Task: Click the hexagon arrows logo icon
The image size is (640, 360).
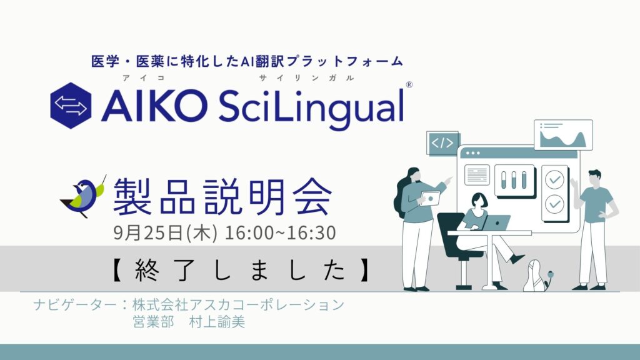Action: click(x=71, y=106)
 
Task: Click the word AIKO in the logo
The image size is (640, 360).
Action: click(x=154, y=106)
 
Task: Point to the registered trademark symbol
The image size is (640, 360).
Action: click(x=409, y=84)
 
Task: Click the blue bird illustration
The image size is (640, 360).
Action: click(x=84, y=196)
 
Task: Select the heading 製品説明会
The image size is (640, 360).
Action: click(x=222, y=196)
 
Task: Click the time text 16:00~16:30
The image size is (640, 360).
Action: click(x=281, y=232)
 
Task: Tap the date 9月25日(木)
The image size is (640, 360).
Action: click(x=165, y=232)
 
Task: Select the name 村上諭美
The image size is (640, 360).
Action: click(x=217, y=322)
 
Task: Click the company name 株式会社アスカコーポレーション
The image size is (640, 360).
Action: click(x=238, y=304)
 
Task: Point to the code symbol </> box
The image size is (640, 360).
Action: click(x=442, y=143)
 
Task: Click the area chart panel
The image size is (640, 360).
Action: click(x=563, y=135)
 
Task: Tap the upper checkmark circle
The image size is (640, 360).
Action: click(x=555, y=179)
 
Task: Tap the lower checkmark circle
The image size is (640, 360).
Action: click(x=555, y=204)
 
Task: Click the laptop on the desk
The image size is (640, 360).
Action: click(x=495, y=223)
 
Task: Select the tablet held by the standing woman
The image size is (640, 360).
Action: click(x=431, y=199)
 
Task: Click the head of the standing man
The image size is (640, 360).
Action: click(x=594, y=178)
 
